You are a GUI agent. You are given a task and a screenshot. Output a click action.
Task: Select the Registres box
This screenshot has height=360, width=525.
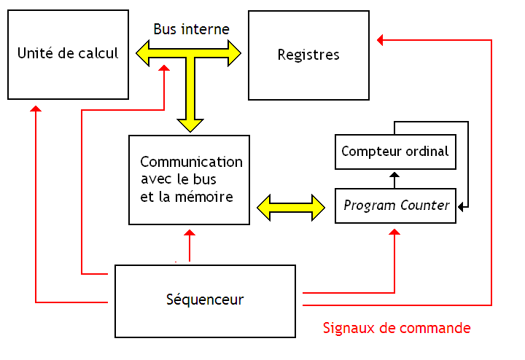pos(308,55)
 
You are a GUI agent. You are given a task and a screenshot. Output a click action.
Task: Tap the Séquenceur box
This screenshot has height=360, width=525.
pos(204,300)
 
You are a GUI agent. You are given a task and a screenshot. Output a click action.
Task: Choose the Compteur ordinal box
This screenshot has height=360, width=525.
pos(395,152)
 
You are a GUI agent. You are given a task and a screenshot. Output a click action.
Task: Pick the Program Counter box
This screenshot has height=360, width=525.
pos(396,205)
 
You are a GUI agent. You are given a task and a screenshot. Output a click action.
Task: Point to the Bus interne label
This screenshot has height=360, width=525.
pos(191,30)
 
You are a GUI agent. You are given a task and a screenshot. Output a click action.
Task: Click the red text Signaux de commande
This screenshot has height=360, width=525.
pos(397,328)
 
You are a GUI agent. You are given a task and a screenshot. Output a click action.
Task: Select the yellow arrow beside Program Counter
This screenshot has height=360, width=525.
pos(291,206)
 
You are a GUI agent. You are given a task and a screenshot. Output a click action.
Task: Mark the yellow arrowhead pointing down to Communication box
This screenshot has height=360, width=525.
pos(190,124)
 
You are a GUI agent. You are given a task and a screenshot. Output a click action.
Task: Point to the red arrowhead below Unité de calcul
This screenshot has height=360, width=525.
pos(36,109)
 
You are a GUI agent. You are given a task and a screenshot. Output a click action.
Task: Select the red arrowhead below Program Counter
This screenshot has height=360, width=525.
pos(395,232)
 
